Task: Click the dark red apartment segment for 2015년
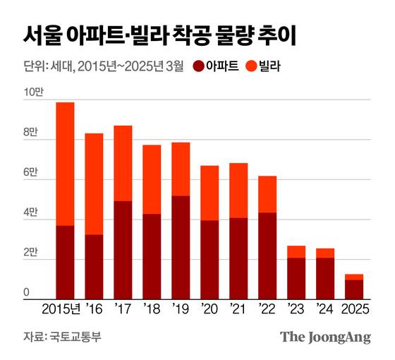[65, 262]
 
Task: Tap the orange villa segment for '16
[94, 184]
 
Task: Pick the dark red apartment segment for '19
[181, 247]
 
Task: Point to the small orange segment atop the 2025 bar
[354, 277]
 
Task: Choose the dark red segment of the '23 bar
[296, 278]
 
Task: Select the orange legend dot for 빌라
[251, 68]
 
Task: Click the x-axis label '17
[123, 310]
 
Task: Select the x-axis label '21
[238, 310]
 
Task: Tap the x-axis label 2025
[354, 310]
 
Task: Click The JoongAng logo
[325, 337]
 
